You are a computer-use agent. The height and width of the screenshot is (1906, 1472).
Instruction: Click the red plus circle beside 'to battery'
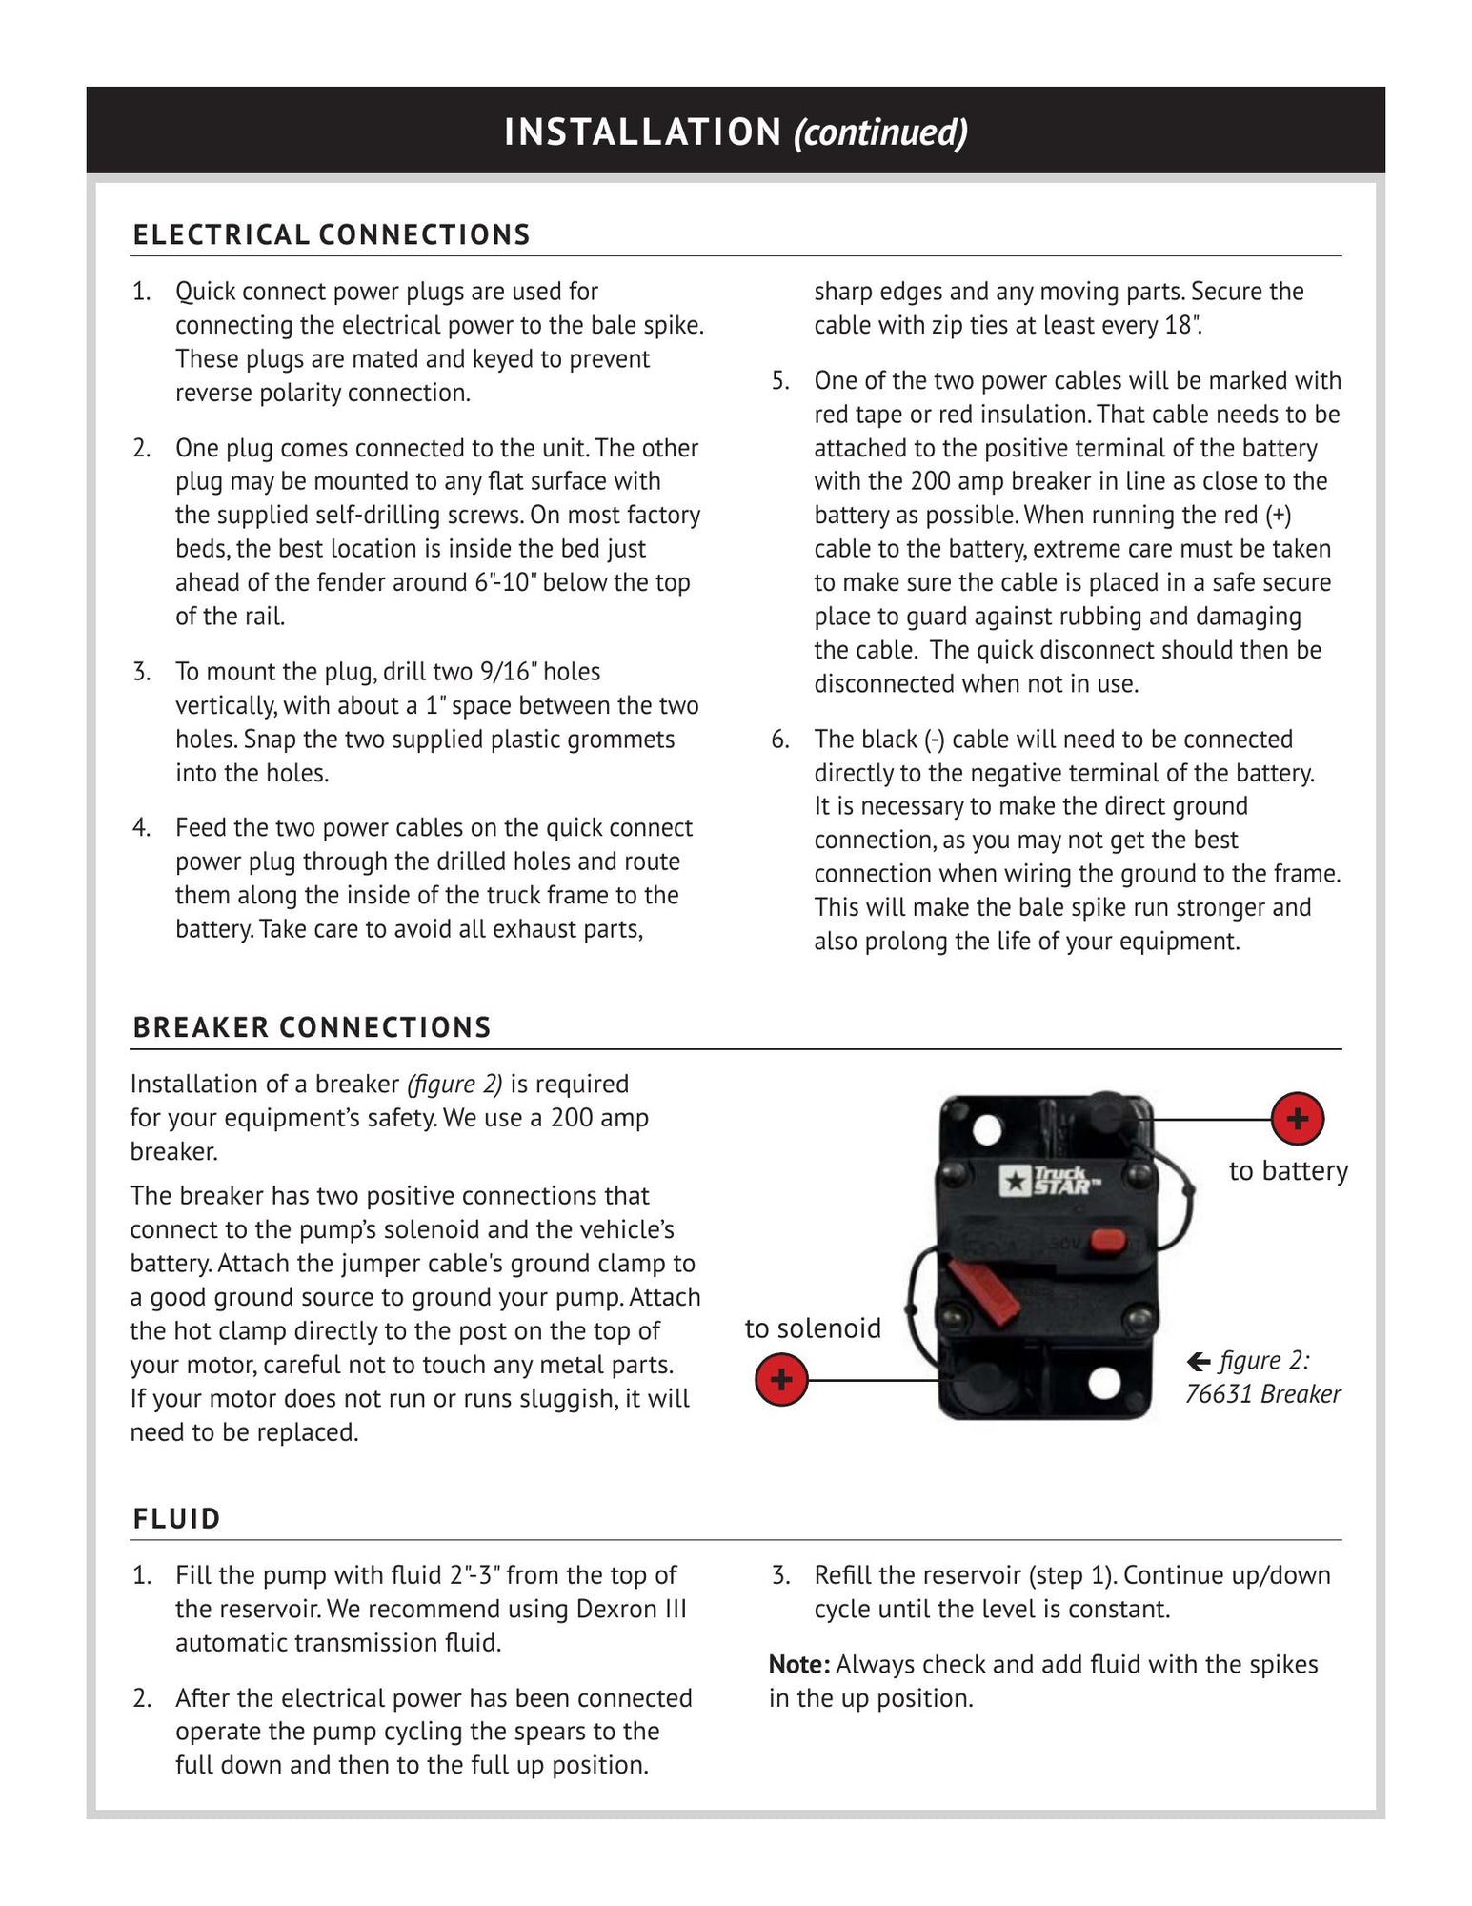[1297, 1118]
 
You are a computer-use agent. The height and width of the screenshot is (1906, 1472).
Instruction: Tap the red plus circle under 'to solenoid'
[781, 1379]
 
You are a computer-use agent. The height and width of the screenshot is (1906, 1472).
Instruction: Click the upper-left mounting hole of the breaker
[988, 1129]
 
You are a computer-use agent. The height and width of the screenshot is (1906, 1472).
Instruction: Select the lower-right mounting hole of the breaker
[1103, 1383]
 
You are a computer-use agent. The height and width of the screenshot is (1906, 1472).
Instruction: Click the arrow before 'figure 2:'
[1199, 1361]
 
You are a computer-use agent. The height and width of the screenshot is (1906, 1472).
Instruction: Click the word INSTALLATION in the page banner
[643, 132]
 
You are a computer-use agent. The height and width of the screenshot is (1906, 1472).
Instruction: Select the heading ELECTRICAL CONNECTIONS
[332, 235]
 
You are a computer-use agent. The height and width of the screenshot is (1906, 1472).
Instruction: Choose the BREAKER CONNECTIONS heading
[312, 1027]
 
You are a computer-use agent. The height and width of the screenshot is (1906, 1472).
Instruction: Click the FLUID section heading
[177, 1518]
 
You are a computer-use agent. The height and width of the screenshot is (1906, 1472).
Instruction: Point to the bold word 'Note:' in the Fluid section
[799, 1664]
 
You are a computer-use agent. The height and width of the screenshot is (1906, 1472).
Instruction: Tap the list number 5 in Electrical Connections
[780, 381]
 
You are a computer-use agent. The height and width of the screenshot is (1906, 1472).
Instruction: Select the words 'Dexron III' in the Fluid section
[631, 1609]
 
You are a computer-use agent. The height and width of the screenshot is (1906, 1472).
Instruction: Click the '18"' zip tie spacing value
[1181, 325]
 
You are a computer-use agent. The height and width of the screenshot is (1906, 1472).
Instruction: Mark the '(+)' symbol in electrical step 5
[1278, 516]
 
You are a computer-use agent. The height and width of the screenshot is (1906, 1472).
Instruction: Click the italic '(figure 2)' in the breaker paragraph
[454, 1085]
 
